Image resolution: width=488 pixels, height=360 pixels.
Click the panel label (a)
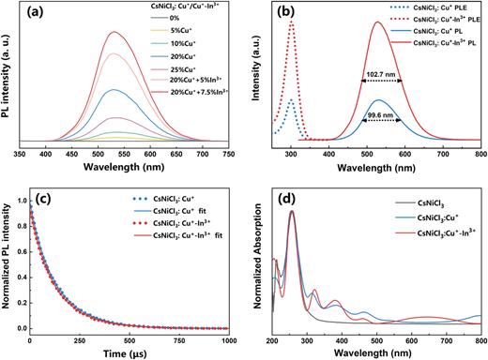pos(48,16)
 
